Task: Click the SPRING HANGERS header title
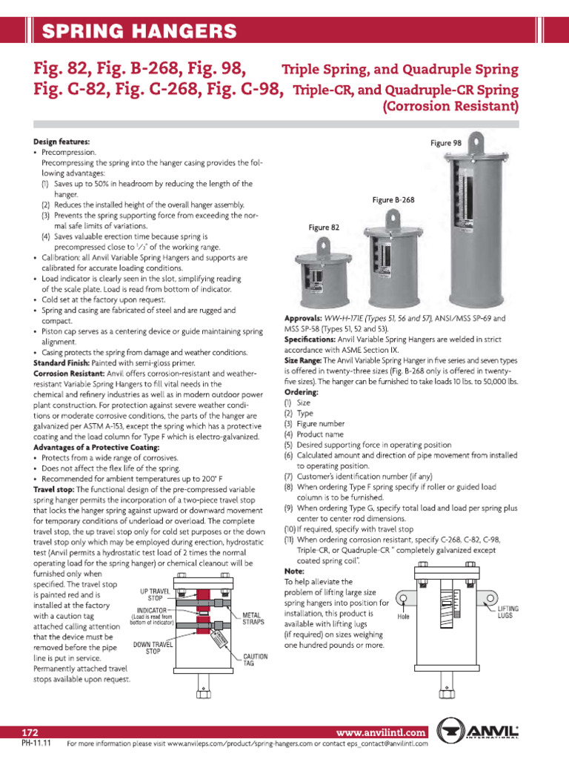coord(139,31)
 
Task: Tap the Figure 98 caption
coord(446,143)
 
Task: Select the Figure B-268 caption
coord(393,200)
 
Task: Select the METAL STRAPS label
coord(256,619)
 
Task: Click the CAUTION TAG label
coord(255,660)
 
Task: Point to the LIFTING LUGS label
coord(508,611)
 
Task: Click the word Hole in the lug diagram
coord(404,616)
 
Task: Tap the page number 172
coord(30,732)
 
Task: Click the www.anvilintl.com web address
coord(380,732)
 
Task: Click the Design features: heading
coord(61,141)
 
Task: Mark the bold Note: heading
coord(294,571)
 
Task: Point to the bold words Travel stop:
coord(54,489)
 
